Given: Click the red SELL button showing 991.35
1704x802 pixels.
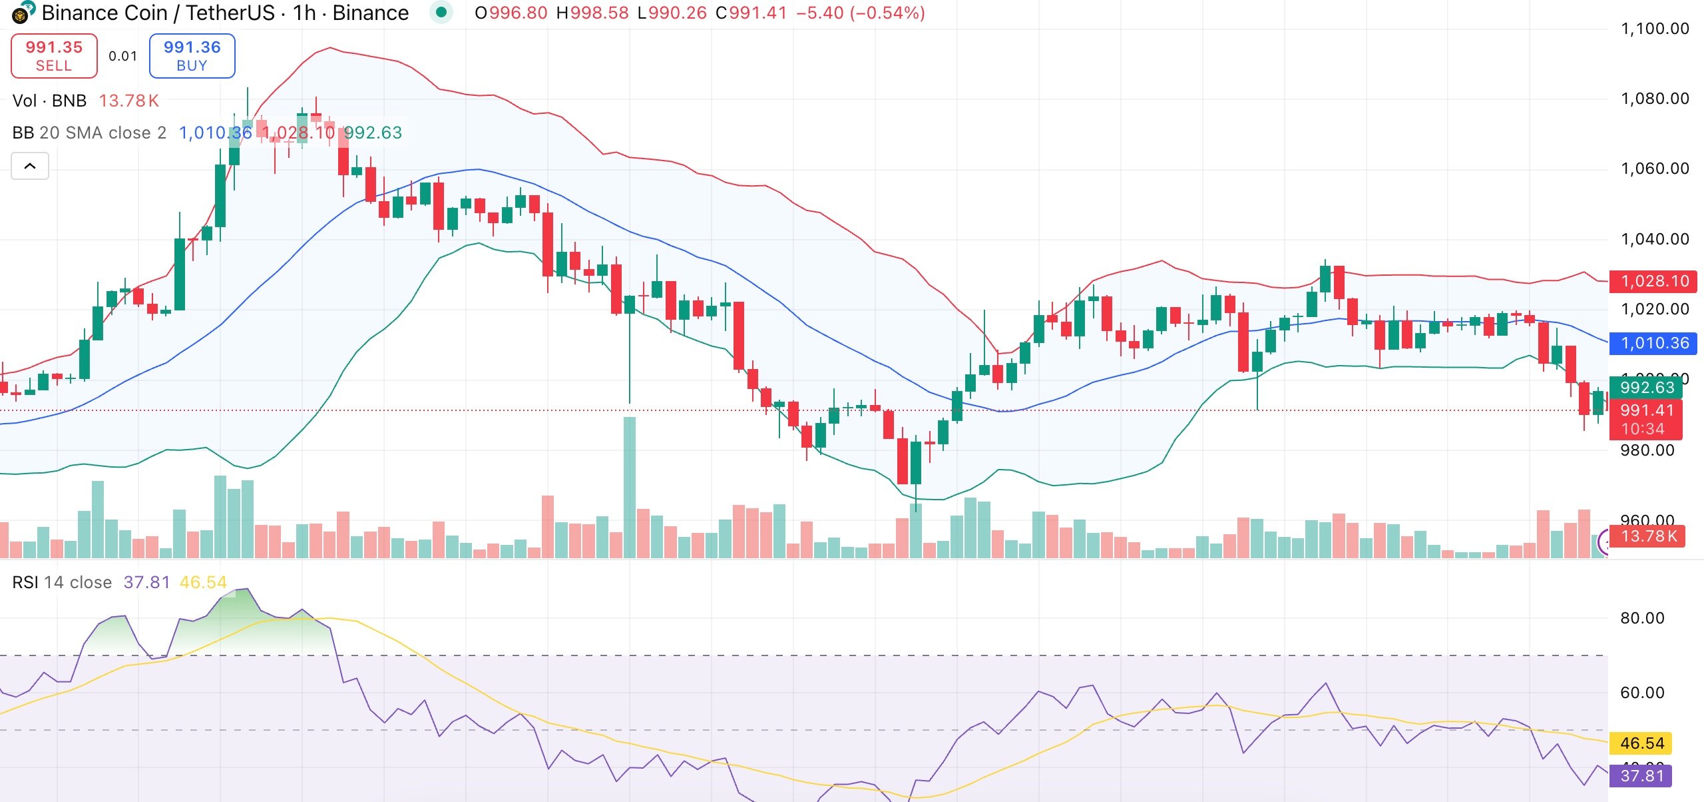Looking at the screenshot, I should click(x=54, y=56).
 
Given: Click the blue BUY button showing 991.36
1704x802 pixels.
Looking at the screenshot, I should click(x=192, y=56).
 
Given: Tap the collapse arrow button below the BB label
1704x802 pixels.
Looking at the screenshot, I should click(x=30, y=166).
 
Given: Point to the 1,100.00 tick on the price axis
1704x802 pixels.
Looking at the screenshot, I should click(x=1655, y=29).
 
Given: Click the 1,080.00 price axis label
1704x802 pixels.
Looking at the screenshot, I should click(x=1655, y=99).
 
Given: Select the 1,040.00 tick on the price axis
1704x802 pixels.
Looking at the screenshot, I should click(x=1655, y=239).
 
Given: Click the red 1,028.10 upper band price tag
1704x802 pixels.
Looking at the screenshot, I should click(x=1653, y=281).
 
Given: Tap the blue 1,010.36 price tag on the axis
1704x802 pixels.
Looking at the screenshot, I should click(x=1653, y=343).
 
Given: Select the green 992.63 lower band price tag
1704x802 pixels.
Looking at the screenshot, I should click(x=1646, y=387).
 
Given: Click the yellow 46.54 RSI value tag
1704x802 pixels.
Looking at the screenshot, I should click(x=1641, y=743).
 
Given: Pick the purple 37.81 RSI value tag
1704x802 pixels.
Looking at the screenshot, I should click(x=1641, y=775).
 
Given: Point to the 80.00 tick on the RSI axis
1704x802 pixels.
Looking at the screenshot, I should click(x=1641, y=618).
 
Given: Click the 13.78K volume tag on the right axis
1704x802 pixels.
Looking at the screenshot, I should click(x=1648, y=536).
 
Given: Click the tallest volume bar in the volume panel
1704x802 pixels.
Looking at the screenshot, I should click(x=629, y=486).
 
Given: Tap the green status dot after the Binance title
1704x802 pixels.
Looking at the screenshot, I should click(x=441, y=12).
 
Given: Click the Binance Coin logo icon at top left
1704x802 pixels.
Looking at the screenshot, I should click(x=23, y=12).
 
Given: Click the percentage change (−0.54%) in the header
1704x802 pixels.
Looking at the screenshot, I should click(x=887, y=13).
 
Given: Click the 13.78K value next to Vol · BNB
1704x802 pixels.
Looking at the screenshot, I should click(x=128, y=101).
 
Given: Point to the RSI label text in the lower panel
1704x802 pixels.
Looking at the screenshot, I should click(x=25, y=582).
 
